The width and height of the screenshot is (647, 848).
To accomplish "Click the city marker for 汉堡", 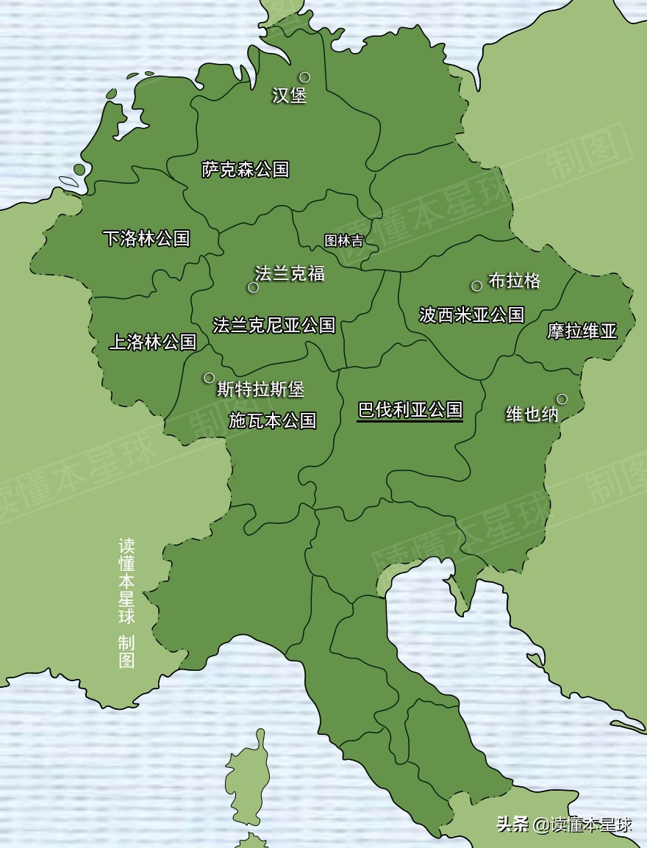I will coord(304,77).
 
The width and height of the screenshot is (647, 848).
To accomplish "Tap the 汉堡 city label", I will coord(289,96).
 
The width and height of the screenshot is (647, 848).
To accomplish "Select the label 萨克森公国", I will coord(246,170).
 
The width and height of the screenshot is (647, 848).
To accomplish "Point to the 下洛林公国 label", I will coord(146,238).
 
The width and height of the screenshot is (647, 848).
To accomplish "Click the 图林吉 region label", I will coord(343,240).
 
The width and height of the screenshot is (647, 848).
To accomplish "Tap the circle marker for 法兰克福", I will coord(253,287).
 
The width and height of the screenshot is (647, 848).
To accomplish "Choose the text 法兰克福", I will coord(290,273).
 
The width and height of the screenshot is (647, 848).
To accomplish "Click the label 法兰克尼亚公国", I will coord(274,325).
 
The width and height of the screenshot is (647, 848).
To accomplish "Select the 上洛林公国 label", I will coord(153,342).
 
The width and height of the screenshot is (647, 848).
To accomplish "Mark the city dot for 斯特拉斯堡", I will coord(209,378).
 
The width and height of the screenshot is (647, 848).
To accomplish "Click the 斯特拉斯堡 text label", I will coord(260,389).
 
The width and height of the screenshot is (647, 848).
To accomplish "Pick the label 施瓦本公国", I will coord(272,420).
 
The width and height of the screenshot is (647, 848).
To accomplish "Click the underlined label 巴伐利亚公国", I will coord(410,410).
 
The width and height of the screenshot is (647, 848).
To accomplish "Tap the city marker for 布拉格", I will coord(476,286).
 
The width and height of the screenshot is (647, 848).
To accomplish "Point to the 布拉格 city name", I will coord(515,281).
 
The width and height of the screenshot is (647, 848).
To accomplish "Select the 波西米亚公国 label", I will coord(471,315).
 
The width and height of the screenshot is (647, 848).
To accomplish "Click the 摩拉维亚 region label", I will coord(582,331).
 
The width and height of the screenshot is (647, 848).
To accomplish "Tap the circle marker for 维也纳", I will coord(562,399).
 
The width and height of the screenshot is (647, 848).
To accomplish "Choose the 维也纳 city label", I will coord(532,414).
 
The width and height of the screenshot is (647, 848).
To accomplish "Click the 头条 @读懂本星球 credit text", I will coord(564,824).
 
